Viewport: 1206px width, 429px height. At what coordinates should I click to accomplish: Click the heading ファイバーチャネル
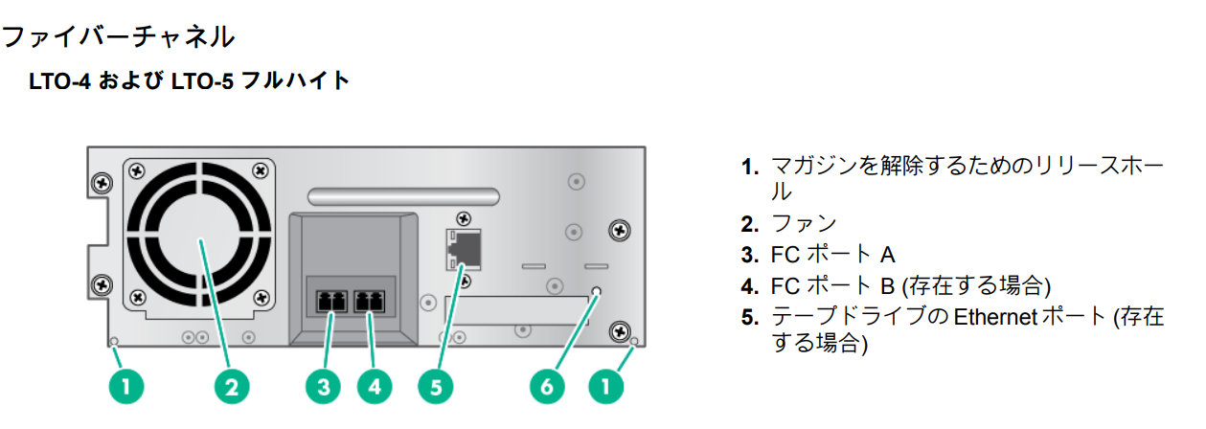point(117,37)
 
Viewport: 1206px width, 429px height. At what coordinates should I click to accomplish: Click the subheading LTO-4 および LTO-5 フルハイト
point(191,80)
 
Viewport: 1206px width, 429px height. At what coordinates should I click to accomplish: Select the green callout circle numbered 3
point(324,387)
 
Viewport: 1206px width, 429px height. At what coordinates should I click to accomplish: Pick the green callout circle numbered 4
point(375,387)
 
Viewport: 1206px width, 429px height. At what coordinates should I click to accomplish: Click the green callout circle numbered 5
point(436,387)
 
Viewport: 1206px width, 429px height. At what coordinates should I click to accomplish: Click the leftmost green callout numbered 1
point(126,387)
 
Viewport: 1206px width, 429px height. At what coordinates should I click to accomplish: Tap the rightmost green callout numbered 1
point(605,387)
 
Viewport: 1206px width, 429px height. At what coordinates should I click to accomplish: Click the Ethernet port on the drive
point(464,251)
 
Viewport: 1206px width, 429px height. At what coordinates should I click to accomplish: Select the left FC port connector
point(329,301)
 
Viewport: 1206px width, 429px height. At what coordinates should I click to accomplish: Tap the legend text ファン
point(804,223)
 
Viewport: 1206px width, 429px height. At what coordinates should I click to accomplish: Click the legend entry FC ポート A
point(831,255)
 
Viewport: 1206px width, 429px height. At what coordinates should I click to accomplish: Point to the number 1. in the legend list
point(750,166)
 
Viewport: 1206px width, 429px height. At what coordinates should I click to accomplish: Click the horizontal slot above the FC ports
point(403,196)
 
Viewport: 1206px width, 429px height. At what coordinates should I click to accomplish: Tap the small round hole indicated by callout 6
point(597,291)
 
